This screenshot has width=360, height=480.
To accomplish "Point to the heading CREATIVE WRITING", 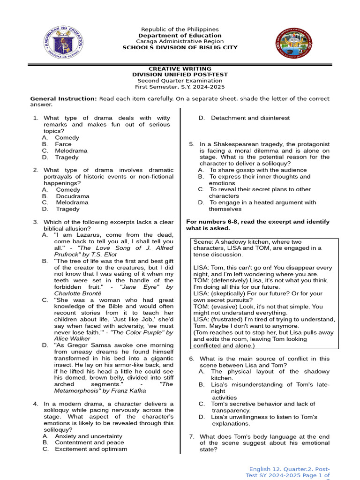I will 180,69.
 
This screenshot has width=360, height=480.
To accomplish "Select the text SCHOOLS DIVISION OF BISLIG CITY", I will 180,48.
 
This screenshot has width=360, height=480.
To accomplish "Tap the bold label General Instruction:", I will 63,99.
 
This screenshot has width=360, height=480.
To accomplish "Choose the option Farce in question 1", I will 63,144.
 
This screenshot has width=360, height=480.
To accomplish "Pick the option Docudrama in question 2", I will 73,196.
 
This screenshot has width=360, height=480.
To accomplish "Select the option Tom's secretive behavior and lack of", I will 263,404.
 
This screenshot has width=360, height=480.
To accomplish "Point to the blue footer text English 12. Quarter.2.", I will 289,469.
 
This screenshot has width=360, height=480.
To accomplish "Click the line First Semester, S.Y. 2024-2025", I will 180,87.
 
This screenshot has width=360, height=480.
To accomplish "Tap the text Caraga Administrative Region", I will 180,42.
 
